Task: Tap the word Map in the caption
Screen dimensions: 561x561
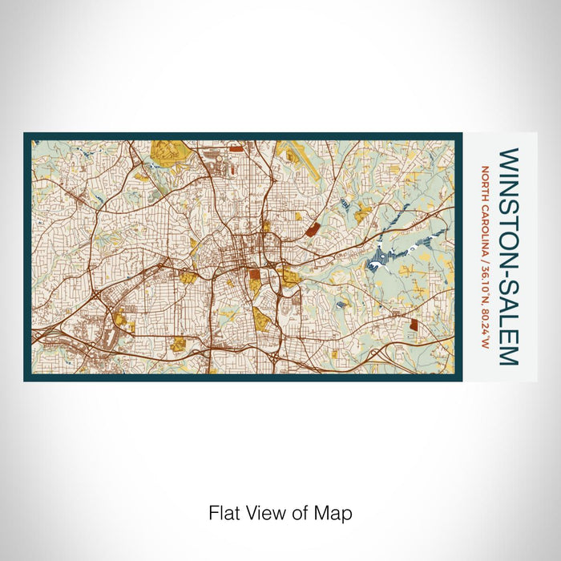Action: [x=333, y=512]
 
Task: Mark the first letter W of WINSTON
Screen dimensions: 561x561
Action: [x=508, y=155]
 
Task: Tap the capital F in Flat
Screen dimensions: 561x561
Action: [x=213, y=512]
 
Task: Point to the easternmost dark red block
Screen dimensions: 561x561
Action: [x=414, y=325]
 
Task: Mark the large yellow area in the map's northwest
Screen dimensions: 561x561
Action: [x=166, y=152]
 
